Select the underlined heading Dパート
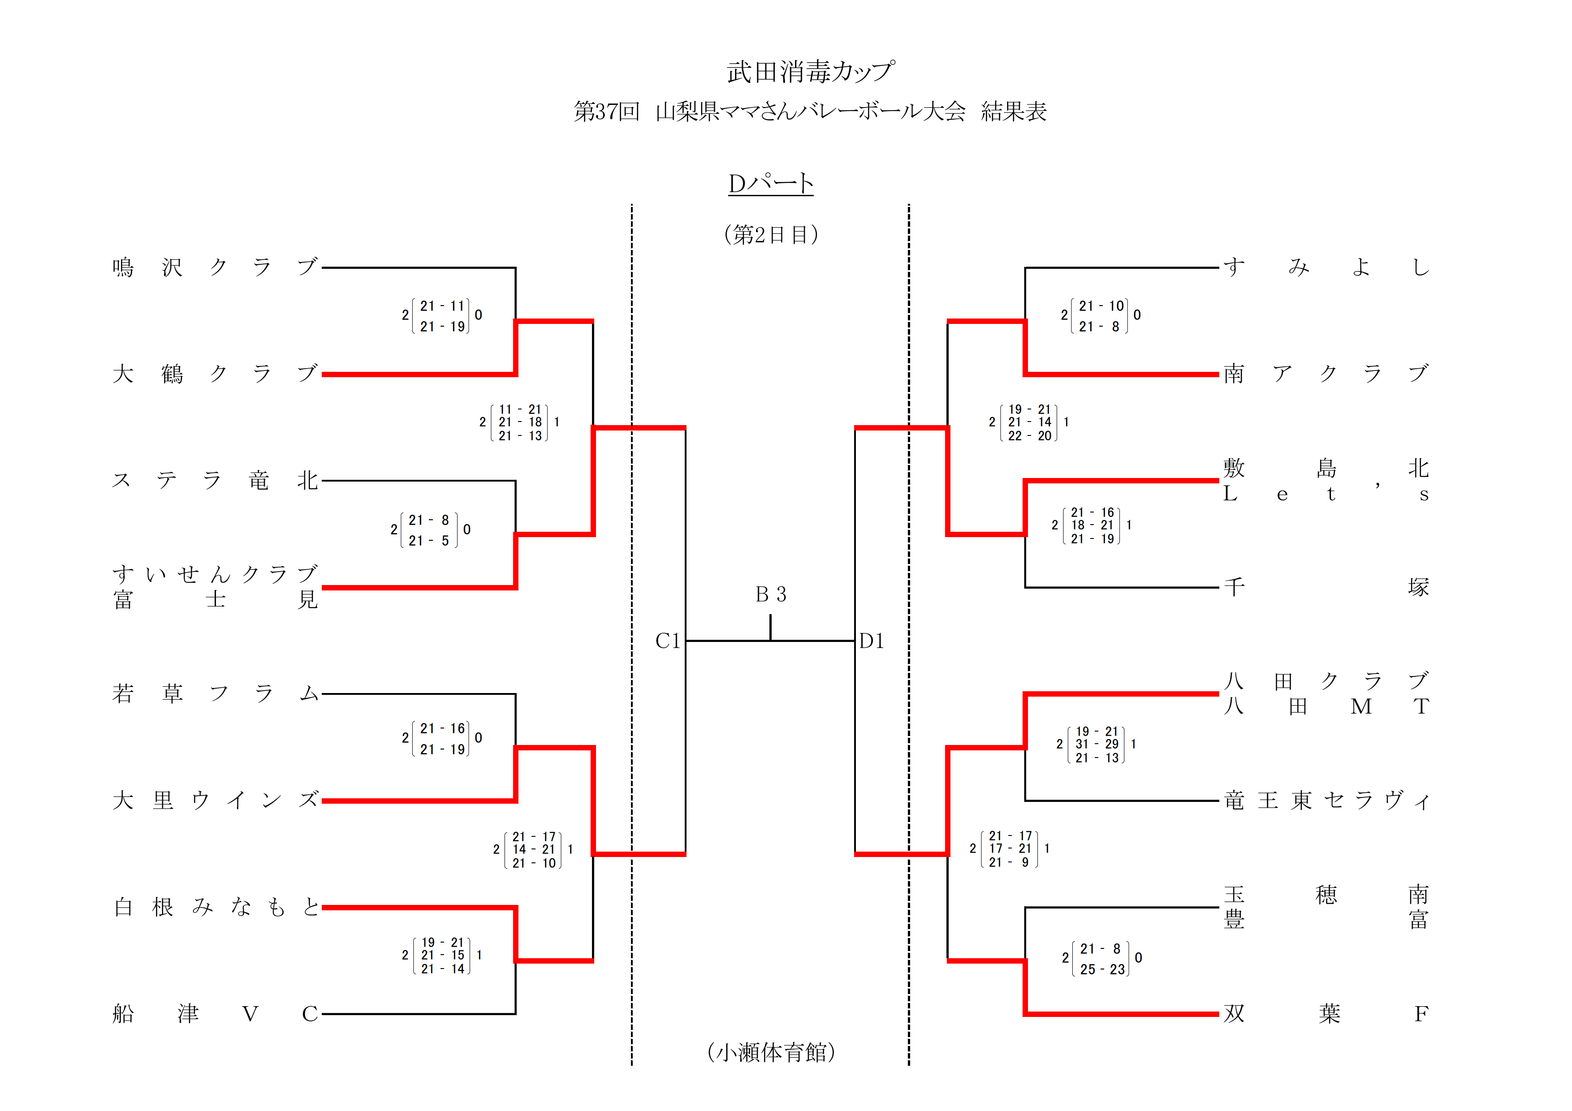click(770, 184)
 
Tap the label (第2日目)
click(771, 235)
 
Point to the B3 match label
click(771, 594)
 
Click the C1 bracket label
click(668, 641)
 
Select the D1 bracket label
click(872, 641)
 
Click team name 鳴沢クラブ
click(215, 267)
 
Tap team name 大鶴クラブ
click(215, 374)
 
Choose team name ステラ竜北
click(215, 481)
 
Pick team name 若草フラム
click(215, 693)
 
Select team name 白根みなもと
click(215, 907)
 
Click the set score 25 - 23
click(1102, 969)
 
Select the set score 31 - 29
click(1097, 744)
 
